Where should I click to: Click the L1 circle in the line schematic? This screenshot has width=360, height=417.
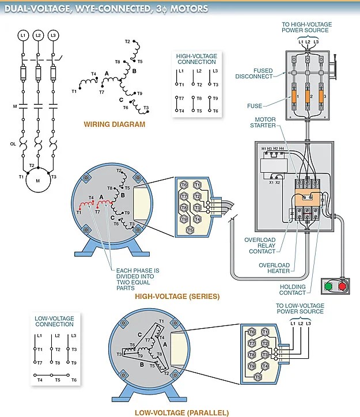(x=23, y=36)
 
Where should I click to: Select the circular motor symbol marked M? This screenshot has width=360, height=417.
(x=38, y=180)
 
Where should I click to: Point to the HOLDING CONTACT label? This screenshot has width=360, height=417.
(x=293, y=290)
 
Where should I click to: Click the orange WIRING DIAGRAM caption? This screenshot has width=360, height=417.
(x=114, y=124)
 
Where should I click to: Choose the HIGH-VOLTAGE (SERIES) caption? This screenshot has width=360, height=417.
(x=177, y=297)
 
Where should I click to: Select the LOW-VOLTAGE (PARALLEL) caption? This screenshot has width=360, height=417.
(x=181, y=412)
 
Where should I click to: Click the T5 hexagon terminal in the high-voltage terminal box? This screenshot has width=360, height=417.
(x=190, y=230)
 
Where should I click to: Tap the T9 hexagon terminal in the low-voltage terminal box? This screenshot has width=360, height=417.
(x=252, y=366)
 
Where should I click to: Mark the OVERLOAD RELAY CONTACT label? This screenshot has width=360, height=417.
(x=260, y=245)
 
